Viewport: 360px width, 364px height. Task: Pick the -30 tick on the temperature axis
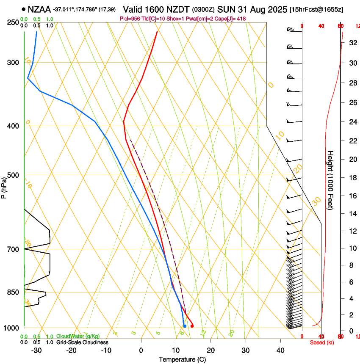pyautogui.click(x=36, y=350)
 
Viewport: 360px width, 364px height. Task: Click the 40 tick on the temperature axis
pyautogui.click(x=280, y=350)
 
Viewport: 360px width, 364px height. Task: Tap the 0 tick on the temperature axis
pyautogui.click(x=141, y=350)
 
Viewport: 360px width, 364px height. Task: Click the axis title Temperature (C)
pyautogui.click(x=182, y=359)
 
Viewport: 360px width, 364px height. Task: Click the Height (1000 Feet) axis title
pyautogui.click(x=330, y=180)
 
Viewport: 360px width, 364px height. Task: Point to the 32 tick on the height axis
pyautogui.click(x=352, y=43)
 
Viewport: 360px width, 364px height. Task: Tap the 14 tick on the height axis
pyautogui.click(x=352, y=214)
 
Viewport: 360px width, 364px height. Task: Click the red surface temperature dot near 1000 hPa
pyautogui.click(x=192, y=326)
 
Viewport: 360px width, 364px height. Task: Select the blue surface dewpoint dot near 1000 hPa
pyautogui.click(x=185, y=325)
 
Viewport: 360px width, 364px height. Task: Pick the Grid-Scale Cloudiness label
pyautogui.click(x=83, y=342)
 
